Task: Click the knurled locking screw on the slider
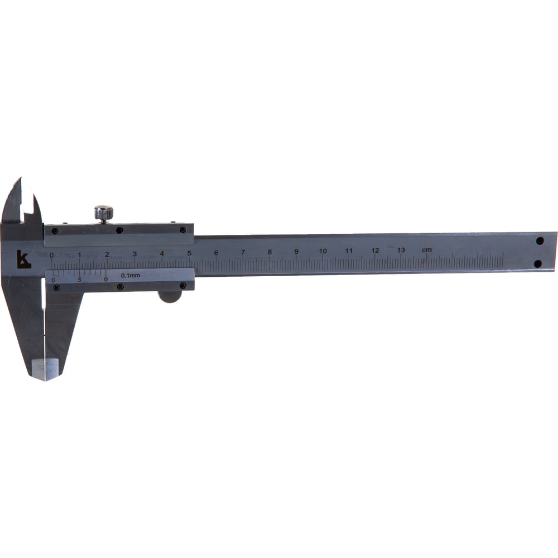(104, 213)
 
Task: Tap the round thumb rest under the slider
(170, 296)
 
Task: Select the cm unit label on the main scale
(427, 250)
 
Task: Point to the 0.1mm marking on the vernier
(131, 275)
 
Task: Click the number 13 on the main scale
(401, 250)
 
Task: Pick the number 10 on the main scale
(323, 251)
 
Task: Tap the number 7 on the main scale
(243, 252)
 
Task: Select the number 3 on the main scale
(134, 254)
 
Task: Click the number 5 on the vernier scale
(79, 280)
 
